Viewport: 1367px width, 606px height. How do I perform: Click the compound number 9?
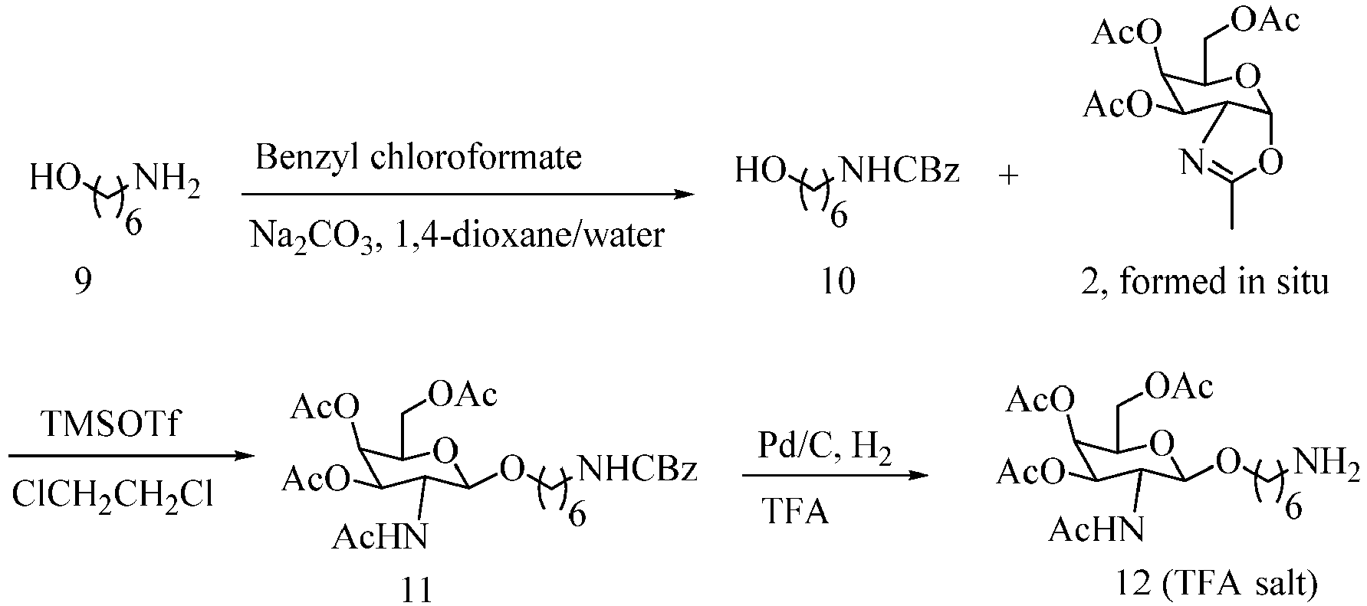83,282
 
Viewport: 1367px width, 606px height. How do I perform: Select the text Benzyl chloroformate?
419,158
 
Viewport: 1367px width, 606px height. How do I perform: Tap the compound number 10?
838,282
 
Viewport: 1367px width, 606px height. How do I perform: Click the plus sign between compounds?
1009,175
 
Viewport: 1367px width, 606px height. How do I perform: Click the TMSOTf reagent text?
112,424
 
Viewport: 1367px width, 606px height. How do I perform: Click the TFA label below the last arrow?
795,510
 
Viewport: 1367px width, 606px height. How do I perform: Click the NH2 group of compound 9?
168,183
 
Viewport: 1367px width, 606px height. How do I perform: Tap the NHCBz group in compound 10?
900,170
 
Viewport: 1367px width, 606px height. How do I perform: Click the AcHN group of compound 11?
380,537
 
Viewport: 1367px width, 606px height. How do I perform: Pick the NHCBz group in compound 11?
638,468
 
